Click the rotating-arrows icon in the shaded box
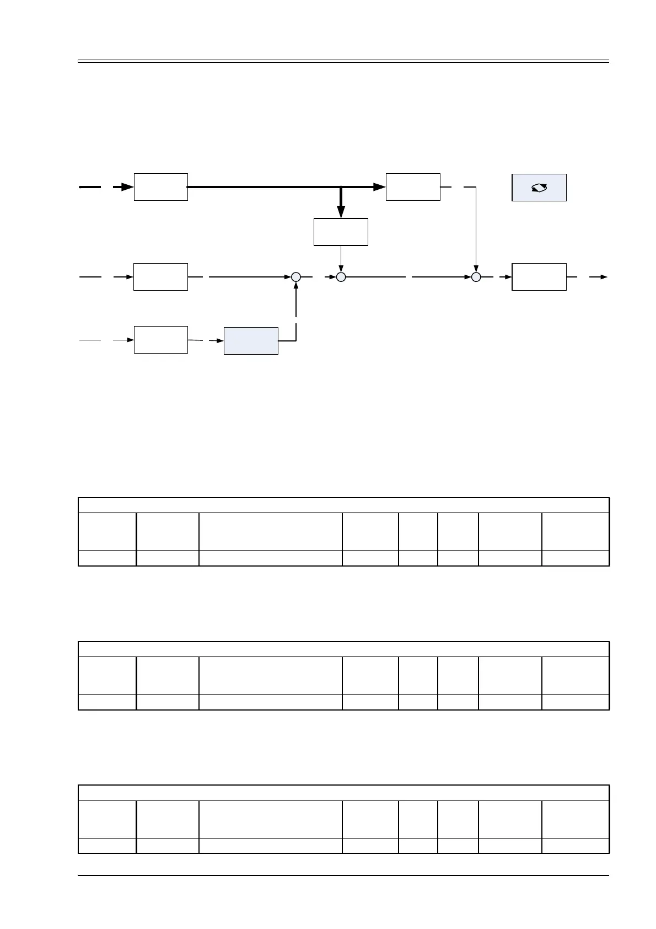(539, 188)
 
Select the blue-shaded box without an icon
(251, 341)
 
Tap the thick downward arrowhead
(341, 211)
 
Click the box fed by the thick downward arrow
(341, 232)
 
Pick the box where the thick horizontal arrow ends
(413, 187)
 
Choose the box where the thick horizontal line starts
(160, 187)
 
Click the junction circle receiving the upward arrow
(296, 277)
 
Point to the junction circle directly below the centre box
(341, 277)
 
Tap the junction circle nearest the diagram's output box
(476, 277)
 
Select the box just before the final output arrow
(539, 277)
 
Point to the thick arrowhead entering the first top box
(127, 187)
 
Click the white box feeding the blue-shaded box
(160, 340)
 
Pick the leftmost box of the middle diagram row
(160, 277)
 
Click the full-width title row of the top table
(343, 505)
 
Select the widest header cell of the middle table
(270, 675)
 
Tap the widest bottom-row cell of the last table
(270, 846)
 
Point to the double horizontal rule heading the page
(343, 61)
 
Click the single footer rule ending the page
(343, 875)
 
